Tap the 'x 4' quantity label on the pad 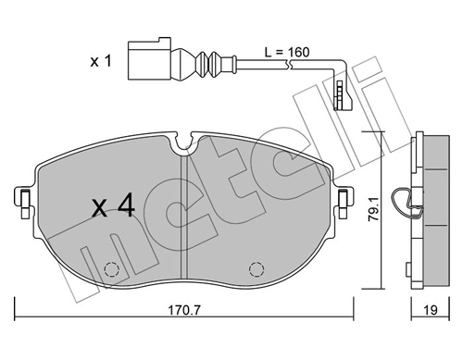tap(114, 206)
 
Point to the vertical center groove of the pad tap(187, 222)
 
